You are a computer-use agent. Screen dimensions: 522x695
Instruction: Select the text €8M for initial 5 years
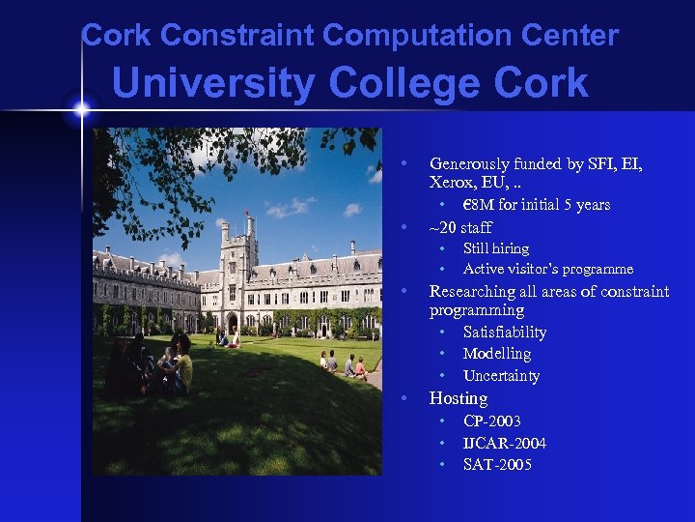click(x=537, y=205)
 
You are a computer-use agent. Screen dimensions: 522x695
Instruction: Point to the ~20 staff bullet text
click(x=460, y=227)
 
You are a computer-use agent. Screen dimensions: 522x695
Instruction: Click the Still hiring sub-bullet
click(x=496, y=248)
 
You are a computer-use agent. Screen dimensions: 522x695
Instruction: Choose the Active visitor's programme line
click(x=548, y=269)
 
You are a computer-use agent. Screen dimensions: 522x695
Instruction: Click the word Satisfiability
click(x=504, y=333)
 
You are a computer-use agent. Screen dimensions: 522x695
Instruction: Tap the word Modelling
click(x=496, y=354)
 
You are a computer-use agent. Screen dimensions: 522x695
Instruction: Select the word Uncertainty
click(x=501, y=376)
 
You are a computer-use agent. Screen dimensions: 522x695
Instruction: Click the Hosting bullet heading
click(x=459, y=398)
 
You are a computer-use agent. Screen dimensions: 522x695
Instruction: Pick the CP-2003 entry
click(x=492, y=421)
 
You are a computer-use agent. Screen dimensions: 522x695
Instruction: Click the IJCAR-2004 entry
click(x=505, y=444)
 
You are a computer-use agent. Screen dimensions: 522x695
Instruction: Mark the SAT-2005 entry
click(x=497, y=465)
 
